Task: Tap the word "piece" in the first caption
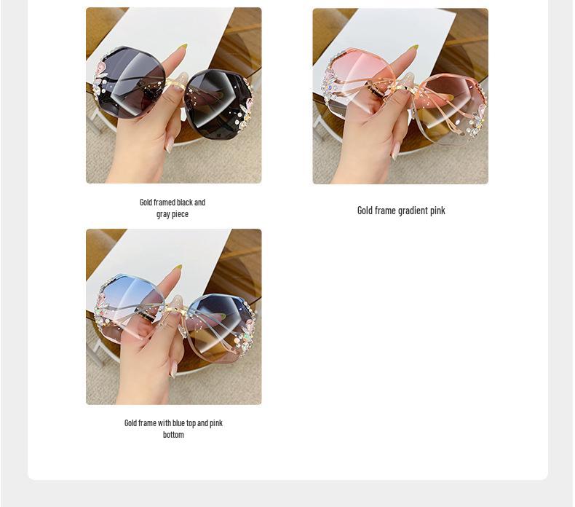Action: (179, 213)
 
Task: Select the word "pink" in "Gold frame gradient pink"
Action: (437, 211)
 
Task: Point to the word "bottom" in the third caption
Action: (173, 434)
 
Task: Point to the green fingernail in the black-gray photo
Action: (182, 47)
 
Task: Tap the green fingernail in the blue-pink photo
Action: (178, 268)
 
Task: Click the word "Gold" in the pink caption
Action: (365, 211)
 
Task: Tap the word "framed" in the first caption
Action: (164, 202)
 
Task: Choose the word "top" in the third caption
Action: (191, 422)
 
